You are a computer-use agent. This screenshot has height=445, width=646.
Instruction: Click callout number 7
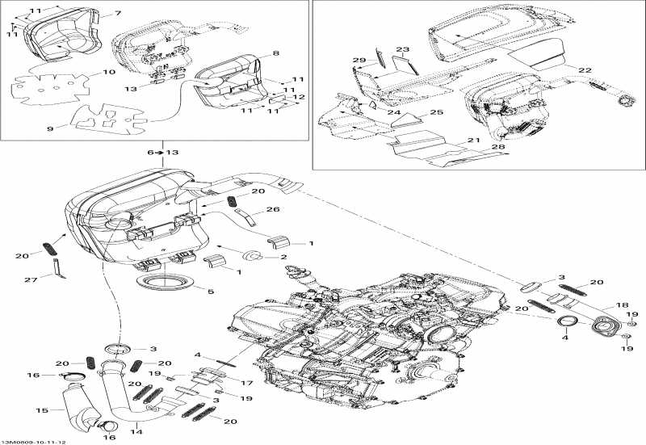point(118,14)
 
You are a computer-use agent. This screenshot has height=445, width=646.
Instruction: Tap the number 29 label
point(359,61)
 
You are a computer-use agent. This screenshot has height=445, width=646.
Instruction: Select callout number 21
point(473,141)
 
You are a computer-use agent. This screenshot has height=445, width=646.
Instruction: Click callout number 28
point(498,148)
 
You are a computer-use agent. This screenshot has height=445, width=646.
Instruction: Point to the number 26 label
point(272,210)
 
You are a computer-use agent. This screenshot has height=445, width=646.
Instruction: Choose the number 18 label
point(623,305)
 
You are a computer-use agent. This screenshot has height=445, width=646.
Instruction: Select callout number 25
point(436,112)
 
